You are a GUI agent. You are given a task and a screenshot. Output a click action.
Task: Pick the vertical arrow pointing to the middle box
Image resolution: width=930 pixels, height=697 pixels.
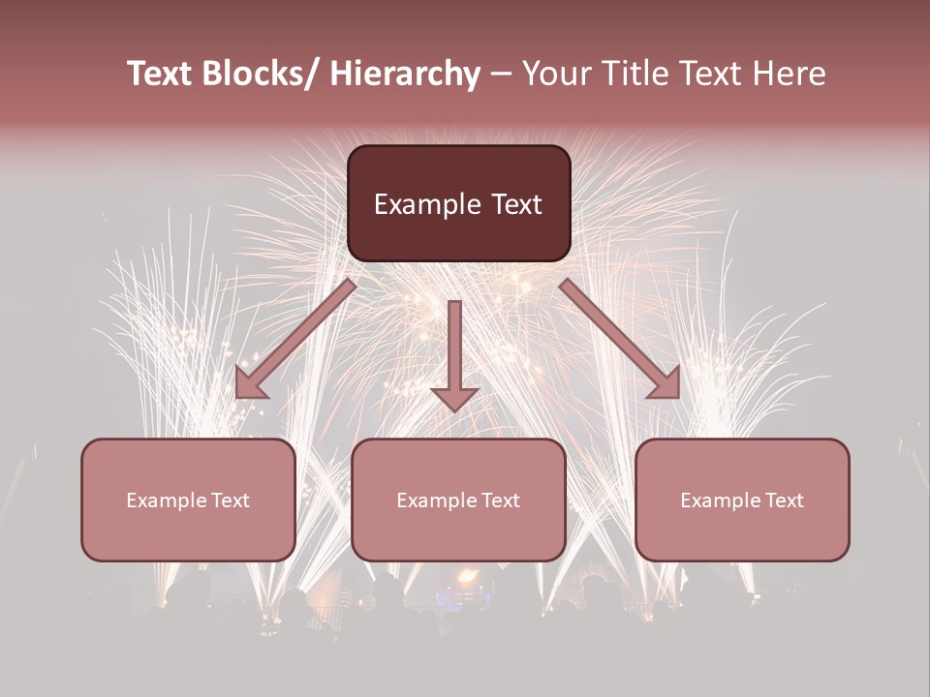coord(454,348)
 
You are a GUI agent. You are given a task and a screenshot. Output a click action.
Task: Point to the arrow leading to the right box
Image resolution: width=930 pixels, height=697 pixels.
coord(620,339)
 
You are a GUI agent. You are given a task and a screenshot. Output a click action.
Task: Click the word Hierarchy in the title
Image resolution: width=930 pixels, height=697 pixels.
coord(405,75)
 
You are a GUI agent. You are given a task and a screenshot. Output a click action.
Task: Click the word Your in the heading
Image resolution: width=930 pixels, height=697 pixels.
coord(556,75)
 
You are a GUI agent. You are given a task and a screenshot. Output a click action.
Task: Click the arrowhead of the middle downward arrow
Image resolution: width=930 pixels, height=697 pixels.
coord(454,398)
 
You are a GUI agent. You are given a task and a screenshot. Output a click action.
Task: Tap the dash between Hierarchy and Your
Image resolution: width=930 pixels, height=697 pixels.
coord(501,75)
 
